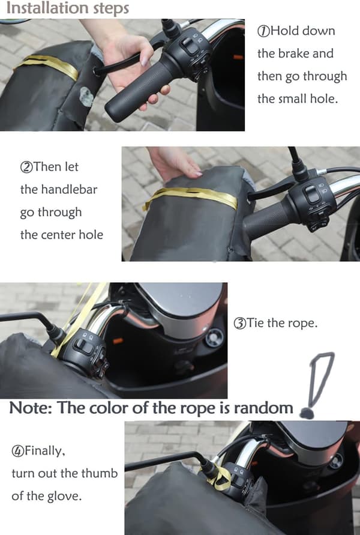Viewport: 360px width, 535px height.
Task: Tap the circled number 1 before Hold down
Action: tap(263, 31)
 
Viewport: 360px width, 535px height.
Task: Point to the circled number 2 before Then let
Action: tap(26, 167)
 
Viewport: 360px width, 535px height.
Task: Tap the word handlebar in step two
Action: tap(69, 189)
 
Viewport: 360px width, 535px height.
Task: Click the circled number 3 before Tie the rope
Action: tap(239, 323)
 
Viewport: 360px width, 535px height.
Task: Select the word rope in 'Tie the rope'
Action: tap(304, 323)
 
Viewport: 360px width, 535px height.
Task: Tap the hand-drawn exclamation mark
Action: tap(316, 385)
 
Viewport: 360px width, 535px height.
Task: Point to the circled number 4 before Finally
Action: tap(18, 451)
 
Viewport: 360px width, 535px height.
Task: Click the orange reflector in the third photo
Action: tap(118, 340)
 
